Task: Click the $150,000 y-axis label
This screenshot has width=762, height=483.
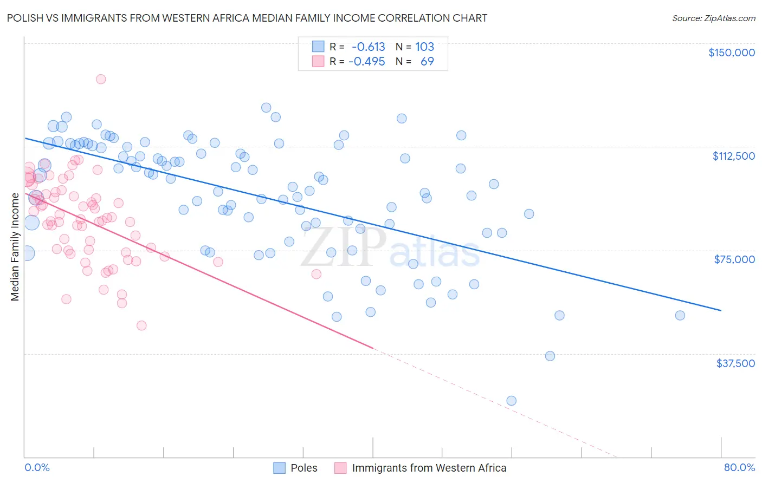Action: click(731, 53)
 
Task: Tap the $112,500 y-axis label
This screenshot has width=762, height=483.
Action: click(733, 156)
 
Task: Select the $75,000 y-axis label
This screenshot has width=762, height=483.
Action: click(734, 259)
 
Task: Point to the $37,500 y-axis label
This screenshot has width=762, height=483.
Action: click(735, 363)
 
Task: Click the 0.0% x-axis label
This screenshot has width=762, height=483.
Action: click(37, 467)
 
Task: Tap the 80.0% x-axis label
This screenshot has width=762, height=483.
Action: click(739, 467)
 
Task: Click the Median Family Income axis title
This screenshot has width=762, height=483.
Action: click(15, 246)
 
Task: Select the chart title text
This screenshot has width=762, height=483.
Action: click(247, 18)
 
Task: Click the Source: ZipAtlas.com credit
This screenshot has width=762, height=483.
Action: click(713, 18)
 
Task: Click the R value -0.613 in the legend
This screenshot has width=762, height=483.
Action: click(368, 47)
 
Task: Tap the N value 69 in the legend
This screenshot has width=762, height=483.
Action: click(427, 61)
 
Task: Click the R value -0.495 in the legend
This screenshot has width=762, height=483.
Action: click(366, 61)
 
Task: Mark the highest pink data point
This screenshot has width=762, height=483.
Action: click(101, 79)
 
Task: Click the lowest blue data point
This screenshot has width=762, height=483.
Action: click(511, 401)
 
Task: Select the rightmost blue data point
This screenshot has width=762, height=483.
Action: click(680, 316)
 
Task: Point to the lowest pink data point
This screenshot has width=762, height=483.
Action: click(141, 325)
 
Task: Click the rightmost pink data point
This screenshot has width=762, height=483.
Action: click(316, 274)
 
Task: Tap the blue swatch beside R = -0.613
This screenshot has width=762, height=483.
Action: click(318, 47)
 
